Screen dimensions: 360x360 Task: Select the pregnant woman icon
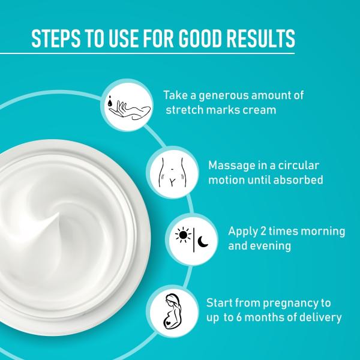coord(171,310)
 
